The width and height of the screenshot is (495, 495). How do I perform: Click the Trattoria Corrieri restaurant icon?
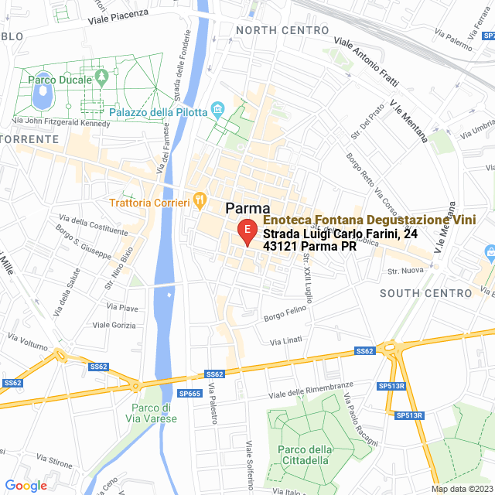[200, 200]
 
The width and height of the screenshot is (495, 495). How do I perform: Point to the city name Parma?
[247, 209]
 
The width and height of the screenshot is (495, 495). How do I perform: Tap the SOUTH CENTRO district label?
[425, 293]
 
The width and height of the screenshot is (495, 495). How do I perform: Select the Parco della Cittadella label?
[304, 456]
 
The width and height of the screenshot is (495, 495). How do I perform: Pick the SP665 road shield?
[189, 394]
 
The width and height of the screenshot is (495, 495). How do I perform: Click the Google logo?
[26, 486]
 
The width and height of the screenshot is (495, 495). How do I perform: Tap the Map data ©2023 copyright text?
[461, 489]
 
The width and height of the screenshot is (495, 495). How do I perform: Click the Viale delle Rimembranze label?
[306, 389]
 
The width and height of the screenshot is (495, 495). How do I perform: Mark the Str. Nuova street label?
[405, 271]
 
